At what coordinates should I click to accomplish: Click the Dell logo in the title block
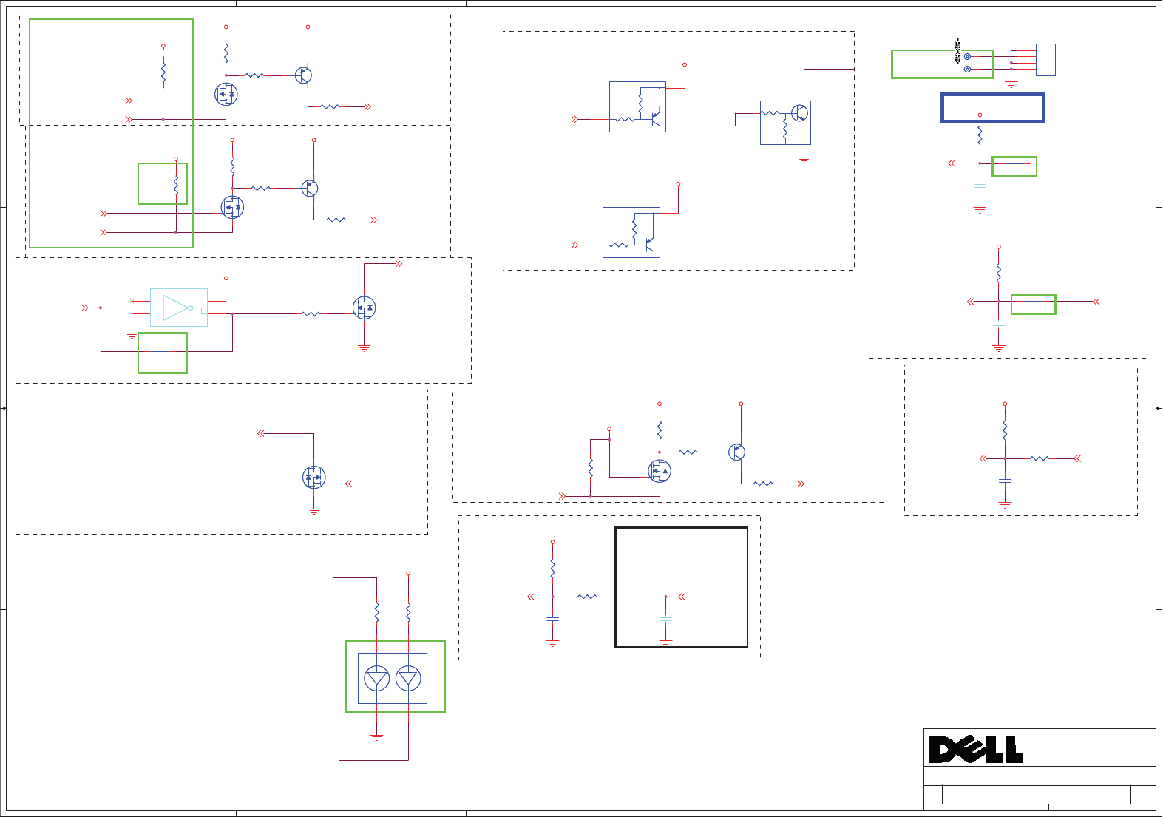tap(976, 750)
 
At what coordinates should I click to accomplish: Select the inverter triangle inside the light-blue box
tap(176, 308)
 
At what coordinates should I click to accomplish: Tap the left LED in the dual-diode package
tap(377, 678)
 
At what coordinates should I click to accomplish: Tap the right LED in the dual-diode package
tap(408, 678)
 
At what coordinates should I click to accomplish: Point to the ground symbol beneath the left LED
tap(377, 736)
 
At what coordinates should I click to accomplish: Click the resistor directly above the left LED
tap(377, 612)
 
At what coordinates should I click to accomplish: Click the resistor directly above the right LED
tap(408, 612)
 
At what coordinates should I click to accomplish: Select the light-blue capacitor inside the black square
tap(665, 617)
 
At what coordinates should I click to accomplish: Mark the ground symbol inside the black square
tap(665, 642)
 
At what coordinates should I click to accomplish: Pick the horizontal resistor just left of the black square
tap(587, 597)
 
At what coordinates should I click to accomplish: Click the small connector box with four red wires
tap(1045, 60)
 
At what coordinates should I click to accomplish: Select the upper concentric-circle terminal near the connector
tap(967, 56)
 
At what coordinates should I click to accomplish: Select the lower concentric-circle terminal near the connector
tap(967, 69)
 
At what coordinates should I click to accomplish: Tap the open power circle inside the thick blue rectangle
tap(980, 115)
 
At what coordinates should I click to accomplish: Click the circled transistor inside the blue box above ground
tap(799, 113)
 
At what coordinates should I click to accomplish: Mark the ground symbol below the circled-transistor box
tap(804, 159)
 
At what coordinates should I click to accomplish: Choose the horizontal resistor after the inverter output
tap(311, 314)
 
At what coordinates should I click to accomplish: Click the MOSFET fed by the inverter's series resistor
tap(365, 308)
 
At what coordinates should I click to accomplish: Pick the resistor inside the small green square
tap(176, 184)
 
